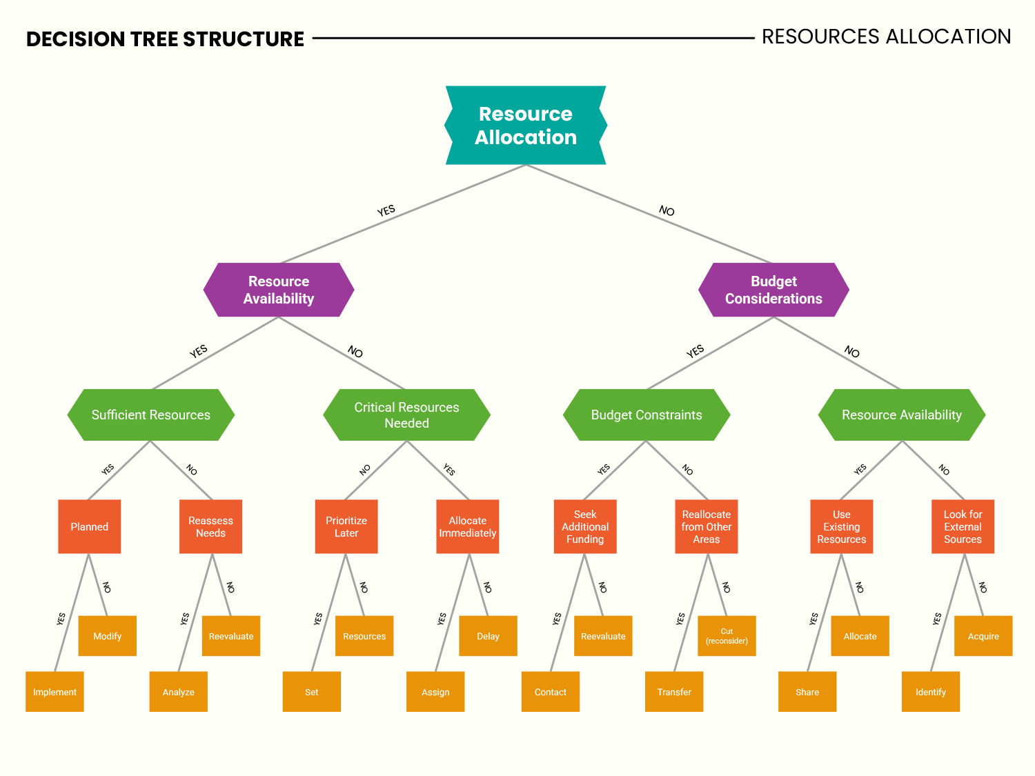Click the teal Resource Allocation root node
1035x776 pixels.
coord(525,126)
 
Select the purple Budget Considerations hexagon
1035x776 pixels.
coord(773,290)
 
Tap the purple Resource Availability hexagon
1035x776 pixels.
coord(279,290)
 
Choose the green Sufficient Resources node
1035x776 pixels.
coord(151,415)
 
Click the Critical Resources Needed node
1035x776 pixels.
coord(406,415)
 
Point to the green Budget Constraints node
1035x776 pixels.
coord(647,415)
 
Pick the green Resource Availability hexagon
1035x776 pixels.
coord(901,415)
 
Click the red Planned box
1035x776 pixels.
coord(90,526)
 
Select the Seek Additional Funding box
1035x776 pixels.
coord(585,526)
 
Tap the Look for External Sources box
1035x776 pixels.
coord(963,526)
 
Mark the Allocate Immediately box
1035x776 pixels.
coord(468,526)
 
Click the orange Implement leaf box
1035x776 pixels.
coord(55,692)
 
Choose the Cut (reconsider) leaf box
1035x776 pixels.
coord(727,636)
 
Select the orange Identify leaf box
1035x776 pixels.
coord(931,692)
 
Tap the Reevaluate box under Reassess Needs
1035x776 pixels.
coord(231,636)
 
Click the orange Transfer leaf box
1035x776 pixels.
coord(674,692)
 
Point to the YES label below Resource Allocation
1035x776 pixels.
coord(386,210)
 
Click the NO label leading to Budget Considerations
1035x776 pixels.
coord(667,210)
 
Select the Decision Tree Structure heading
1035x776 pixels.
coord(165,39)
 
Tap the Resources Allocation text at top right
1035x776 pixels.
coord(886,37)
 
